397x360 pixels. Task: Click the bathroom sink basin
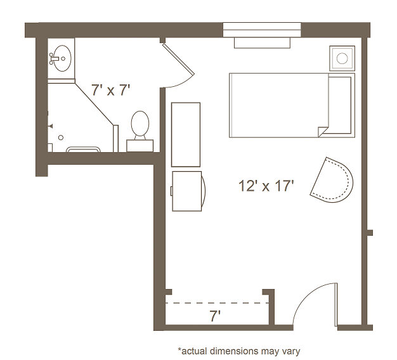[x=62, y=58]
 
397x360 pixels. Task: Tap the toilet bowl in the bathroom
[x=140, y=124]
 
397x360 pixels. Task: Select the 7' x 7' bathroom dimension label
[x=110, y=90]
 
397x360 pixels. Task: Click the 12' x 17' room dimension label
[x=266, y=186]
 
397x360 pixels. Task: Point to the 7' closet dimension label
[x=215, y=316]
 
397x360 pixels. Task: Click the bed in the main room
[x=292, y=105]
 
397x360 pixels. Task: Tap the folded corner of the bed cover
[x=323, y=132]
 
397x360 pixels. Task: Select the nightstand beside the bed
[x=342, y=58]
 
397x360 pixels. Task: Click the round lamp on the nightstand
[x=342, y=58]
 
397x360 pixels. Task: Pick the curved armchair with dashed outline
[x=332, y=180]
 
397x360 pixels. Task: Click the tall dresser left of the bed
[x=186, y=134]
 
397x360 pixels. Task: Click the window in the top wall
[x=262, y=30]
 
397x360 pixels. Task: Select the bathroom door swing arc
[x=181, y=83]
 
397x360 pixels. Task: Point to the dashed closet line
[x=217, y=303]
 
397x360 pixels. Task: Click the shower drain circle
[x=61, y=138]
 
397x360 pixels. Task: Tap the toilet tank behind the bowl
[x=140, y=146]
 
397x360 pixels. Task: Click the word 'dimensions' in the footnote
[x=234, y=351]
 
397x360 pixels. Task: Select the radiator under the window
[x=262, y=42]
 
